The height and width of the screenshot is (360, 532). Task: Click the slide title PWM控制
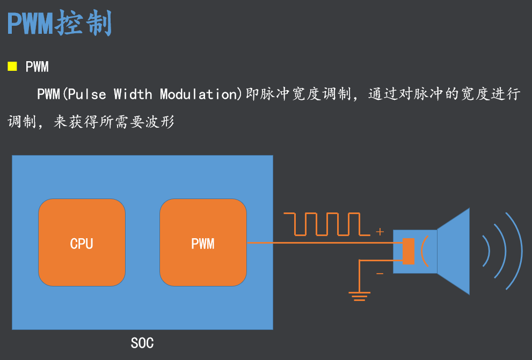point(59,23)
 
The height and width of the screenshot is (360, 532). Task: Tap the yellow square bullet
point(12,67)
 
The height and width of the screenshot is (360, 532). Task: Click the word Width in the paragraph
point(133,94)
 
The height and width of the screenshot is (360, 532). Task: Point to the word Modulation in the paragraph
point(198,94)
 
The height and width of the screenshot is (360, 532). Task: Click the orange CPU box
point(82,243)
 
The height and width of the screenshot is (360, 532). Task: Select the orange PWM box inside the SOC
point(203,243)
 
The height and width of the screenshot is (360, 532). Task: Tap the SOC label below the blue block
point(142,342)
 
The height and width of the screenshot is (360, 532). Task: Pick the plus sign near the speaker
point(380,232)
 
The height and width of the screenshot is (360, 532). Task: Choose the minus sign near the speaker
point(380,274)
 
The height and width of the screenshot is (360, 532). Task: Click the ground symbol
point(359,296)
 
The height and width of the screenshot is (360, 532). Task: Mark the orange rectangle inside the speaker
point(408,251)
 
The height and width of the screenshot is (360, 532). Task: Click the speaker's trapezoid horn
point(454,251)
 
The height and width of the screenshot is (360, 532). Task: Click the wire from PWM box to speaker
point(322,243)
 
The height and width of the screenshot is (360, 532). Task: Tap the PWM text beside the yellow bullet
point(37,67)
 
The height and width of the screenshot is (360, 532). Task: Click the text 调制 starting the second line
point(19,122)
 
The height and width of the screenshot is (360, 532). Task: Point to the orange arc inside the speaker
point(424,251)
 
